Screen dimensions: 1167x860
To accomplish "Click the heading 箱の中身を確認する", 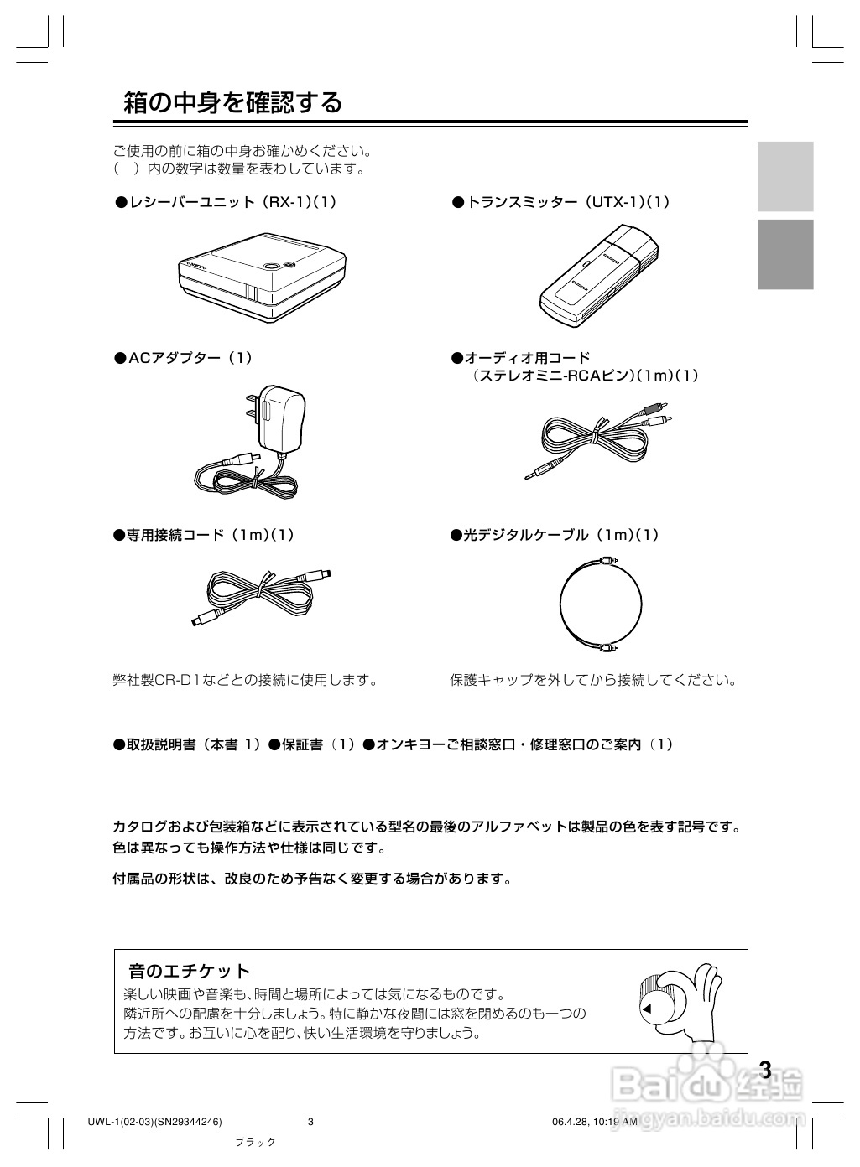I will click(x=233, y=102).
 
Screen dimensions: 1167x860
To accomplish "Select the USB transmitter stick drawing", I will click(x=598, y=277).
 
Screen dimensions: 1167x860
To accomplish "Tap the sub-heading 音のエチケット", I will click(x=189, y=971).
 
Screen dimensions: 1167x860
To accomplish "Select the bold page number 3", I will click(x=764, y=1071).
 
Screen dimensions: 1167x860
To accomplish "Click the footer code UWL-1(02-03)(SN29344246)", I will click(x=154, y=1123).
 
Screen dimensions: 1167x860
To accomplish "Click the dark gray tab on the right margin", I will click(x=785, y=254).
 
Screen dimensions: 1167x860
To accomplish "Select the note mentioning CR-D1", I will click(x=245, y=680).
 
